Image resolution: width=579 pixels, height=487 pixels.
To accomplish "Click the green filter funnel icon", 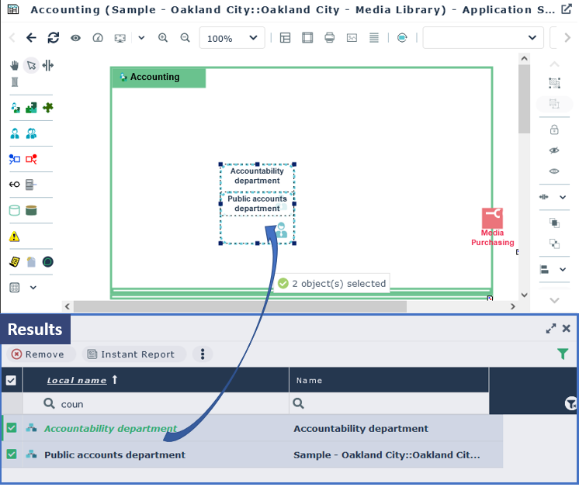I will pyautogui.click(x=563, y=354).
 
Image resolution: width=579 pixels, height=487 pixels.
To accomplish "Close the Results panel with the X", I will pyautogui.click(x=567, y=329).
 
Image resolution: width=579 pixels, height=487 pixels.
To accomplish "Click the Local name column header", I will pyautogui.click(x=77, y=380).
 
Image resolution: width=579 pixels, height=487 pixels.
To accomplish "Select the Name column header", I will pyautogui.click(x=309, y=381).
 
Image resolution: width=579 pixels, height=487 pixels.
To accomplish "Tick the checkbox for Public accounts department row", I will pyautogui.click(x=12, y=454).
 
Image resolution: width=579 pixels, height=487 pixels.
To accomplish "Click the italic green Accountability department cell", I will pyautogui.click(x=110, y=428).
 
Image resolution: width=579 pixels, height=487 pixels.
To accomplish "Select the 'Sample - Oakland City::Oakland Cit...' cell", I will pyautogui.click(x=387, y=454).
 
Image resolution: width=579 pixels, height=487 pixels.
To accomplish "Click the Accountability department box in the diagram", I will pyautogui.click(x=257, y=176).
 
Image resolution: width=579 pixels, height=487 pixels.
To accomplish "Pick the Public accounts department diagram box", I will pyautogui.click(x=257, y=203).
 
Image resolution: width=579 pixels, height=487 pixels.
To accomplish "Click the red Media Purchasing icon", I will pyautogui.click(x=492, y=218).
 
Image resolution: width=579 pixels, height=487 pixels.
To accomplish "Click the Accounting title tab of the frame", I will pyautogui.click(x=159, y=78).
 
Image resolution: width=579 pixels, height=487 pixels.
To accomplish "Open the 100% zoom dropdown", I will pyautogui.click(x=233, y=38).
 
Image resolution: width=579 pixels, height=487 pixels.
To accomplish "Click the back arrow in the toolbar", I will pyautogui.click(x=31, y=38).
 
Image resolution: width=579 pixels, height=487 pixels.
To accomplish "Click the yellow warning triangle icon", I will pyautogui.click(x=15, y=237).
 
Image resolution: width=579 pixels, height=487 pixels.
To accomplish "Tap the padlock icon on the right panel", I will pyautogui.click(x=554, y=130).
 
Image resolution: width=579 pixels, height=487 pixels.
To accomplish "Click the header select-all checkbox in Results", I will pyautogui.click(x=11, y=380).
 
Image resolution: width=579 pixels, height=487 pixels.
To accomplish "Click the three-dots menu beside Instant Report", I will pyautogui.click(x=203, y=354).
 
